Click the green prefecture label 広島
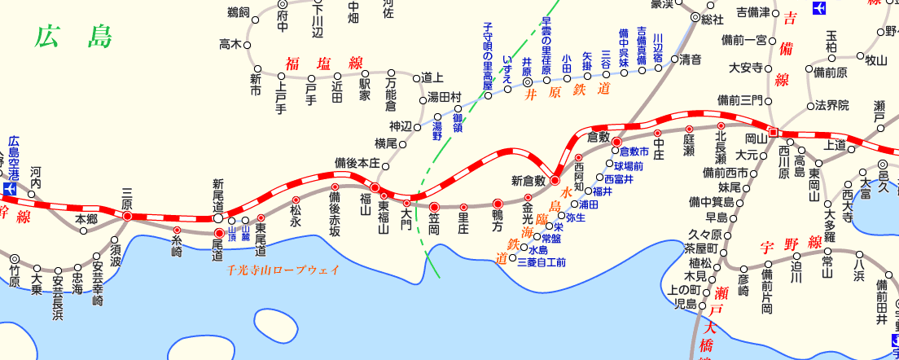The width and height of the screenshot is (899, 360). (x=74, y=37)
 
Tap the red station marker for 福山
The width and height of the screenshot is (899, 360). (x=375, y=187)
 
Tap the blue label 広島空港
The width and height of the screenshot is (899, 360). (x=13, y=157)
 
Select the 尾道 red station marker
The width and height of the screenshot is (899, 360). (x=218, y=233)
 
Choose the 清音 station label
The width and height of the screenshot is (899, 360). (x=691, y=59)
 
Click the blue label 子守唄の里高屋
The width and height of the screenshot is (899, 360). (x=488, y=55)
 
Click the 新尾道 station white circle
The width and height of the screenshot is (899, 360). (x=218, y=218)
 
